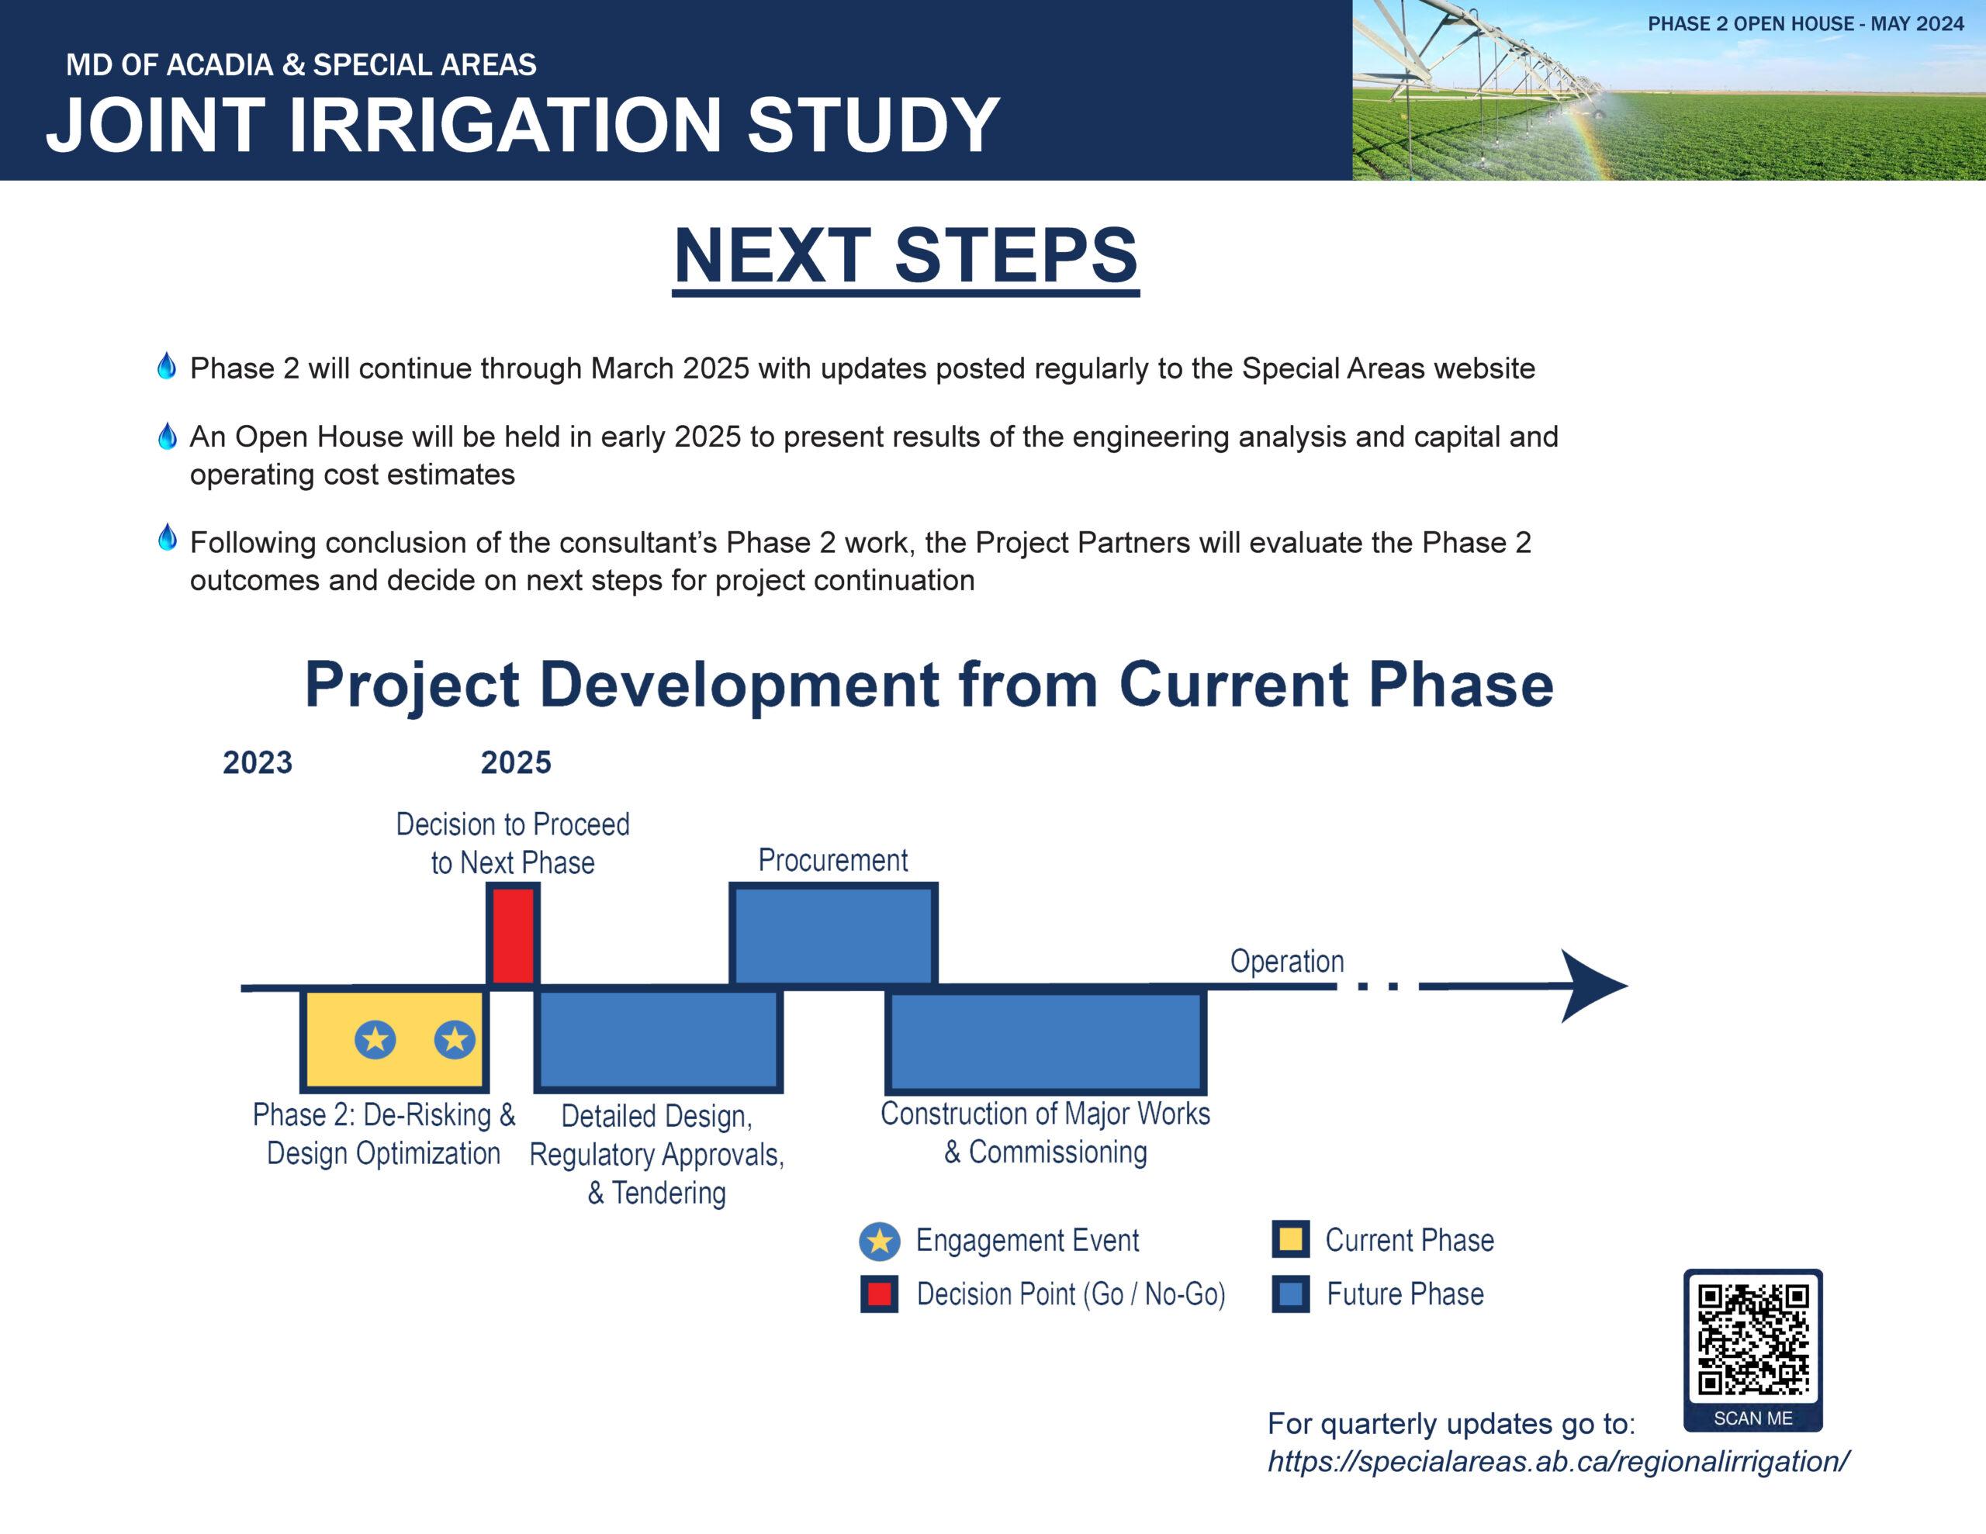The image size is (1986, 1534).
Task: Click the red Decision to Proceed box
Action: coord(513,934)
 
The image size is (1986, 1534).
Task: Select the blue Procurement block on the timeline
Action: coord(834,934)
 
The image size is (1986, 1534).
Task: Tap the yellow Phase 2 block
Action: coord(395,1039)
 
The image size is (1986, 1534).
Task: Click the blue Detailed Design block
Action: coord(659,1039)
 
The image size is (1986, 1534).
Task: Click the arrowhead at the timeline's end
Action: coord(1593,986)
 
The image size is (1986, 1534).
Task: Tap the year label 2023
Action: coord(258,762)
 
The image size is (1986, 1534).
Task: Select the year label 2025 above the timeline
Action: coord(516,762)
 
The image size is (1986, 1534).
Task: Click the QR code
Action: coord(1752,1338)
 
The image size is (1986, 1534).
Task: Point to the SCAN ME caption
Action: coord(1752,1418)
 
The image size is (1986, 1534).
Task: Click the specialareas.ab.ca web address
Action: coord(1558,1461)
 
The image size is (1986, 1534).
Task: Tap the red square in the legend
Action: coord(879,1294)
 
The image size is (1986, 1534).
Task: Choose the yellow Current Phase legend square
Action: coord(1290,1239)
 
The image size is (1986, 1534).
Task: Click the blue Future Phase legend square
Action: coord(1290,1294)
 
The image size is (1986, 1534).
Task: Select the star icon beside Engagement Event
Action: coord(879,1241)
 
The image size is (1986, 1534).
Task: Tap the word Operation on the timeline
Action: coord(1287,961)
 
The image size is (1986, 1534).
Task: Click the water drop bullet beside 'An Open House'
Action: coord(167,437)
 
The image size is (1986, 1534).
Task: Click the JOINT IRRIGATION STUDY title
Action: coord(523,125)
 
